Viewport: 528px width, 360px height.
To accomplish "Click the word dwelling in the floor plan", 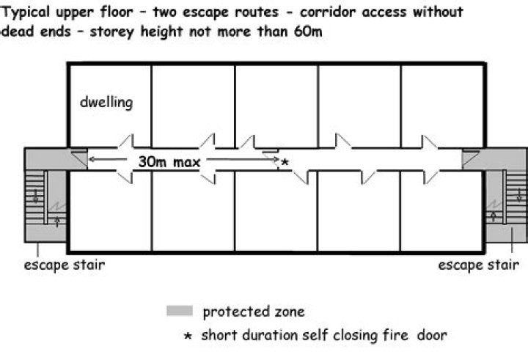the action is [106, 103].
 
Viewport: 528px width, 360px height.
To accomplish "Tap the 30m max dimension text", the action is [169, 162].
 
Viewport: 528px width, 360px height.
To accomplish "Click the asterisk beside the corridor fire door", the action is [285, 162].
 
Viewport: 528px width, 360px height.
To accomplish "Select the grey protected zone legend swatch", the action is [180, 311].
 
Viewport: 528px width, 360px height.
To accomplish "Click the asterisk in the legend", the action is [188, 335].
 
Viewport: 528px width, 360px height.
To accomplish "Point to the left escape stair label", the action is [65, 265].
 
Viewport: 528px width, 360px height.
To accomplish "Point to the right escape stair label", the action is [478, 265].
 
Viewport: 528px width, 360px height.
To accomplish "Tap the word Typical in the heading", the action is [26, 12].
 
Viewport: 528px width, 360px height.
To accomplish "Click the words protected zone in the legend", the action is [254, 312].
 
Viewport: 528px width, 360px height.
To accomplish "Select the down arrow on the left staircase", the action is [35, 195].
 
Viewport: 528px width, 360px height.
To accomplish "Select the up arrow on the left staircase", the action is [57, 221].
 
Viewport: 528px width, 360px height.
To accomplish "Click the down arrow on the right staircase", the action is [519, 195].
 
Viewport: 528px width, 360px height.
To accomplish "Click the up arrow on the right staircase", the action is [494, 216].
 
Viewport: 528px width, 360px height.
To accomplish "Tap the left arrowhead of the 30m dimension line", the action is [91, 159].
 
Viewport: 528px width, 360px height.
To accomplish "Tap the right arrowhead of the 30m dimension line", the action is [276, 159].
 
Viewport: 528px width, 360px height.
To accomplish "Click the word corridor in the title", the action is [327, 12].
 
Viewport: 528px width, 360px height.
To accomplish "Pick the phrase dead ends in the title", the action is [37, 32].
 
